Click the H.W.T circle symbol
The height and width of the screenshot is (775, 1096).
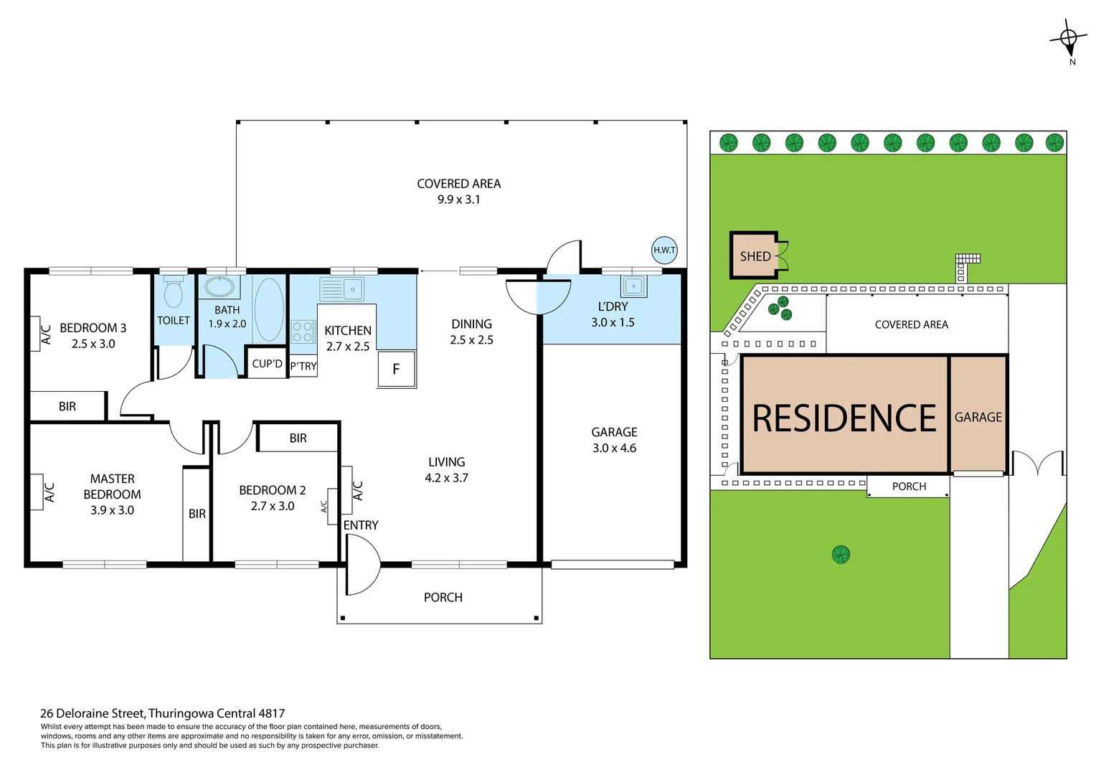tap(664, 250)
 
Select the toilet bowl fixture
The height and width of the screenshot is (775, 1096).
tap(173, 293)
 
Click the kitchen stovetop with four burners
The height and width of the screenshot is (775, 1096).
tap(303, 332)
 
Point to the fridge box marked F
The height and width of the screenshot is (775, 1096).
tap(396, 369)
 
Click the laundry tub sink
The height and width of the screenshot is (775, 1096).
tap(634, 286)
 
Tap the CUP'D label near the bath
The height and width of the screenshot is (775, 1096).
tap(267, 364)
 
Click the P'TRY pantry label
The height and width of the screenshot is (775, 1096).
tap(303, 366)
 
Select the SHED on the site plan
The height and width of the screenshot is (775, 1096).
tap(755, 256)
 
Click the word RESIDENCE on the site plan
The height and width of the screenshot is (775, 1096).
tap(844, 418)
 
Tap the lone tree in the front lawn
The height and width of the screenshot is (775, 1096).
tap(841, 554)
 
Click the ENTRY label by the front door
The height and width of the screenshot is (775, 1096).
tap(361, 525)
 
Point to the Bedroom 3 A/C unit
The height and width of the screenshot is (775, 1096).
tap(35, 334)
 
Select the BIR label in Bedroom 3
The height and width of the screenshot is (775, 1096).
tap(67, 407)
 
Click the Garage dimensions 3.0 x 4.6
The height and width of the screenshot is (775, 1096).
tap(614, 448)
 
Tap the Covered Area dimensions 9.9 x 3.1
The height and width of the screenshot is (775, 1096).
tap(458, 199)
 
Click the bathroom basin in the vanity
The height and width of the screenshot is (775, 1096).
tap(219, 288)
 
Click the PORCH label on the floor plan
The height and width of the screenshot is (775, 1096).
tap(443, 597)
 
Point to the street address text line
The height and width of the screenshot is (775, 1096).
tap(163, 713)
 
